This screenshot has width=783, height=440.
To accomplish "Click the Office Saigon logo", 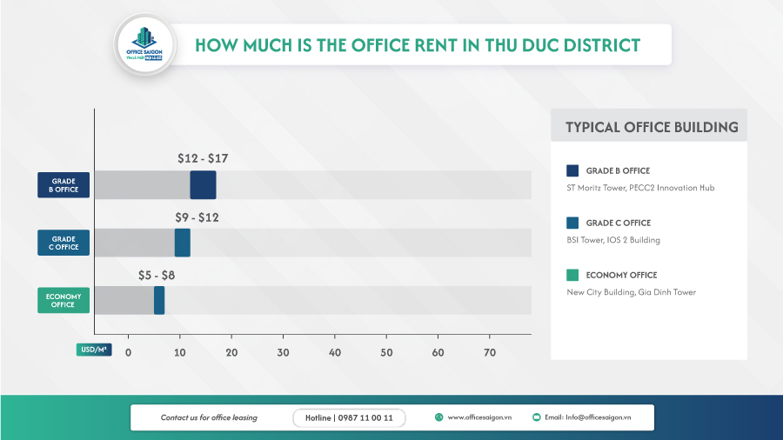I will pyautogui.click(x=144, y=44).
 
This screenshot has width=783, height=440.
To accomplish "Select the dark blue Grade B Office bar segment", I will pyautogui.click(x=203, y=185).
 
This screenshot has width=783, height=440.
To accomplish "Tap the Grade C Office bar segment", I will pyautogui.click(x=182, y=243).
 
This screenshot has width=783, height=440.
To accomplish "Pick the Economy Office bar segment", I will pyautogui.click(x=159, y=300).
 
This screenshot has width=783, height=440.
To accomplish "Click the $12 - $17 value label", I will pyautogui.click(x=202, y=159).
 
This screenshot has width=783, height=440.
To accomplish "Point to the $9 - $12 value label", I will pyautogui.click(x=196, y=217).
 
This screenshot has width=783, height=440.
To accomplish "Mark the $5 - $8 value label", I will pyautogui.click(x=157, y=275).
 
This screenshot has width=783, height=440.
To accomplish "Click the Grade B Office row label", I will pyautogui.click(x=64, y=185).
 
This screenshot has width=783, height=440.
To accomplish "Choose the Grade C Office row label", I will pyautogui.click(x=64, y=243).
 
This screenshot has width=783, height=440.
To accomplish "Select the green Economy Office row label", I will pyautogui.click(x=64, y=300).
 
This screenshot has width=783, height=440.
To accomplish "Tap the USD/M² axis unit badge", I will pyautogui.click(x=93, y=350).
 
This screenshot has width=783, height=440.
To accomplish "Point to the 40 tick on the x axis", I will pyautogui.click(x=335, y=352).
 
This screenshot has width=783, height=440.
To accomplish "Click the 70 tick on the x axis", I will pyautogui.click(x=490, y=352).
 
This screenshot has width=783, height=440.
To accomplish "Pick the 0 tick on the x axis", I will pyautogui.click(x=128, y=352).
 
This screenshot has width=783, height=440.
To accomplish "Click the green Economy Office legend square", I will pyautogui.click(x=572, y=275).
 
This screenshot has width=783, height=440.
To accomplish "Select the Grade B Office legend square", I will pyautogui.click(x=572, y=170).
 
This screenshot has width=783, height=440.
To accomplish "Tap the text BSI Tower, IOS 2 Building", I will pyautogui.click(x=612, y=240).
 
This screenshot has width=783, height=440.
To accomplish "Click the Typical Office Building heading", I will pyautogui.click(x=652, y=127).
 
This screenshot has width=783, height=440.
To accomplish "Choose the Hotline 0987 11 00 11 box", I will pyautogui.click(x=349, y=418).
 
